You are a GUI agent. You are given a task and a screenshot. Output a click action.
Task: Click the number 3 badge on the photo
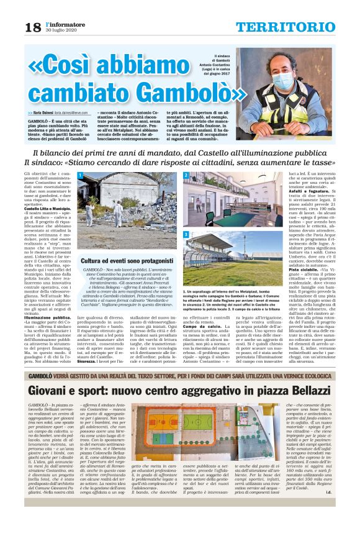(186, 234)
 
